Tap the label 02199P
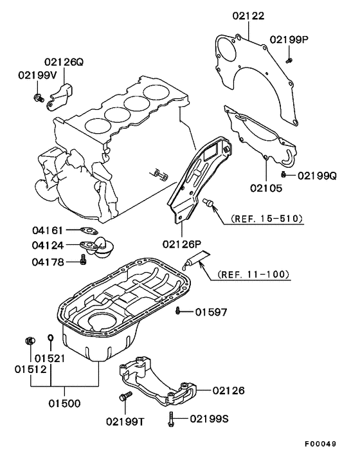pos(289,39)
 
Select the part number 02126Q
pos(64,62)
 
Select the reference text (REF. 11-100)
pos(253,275)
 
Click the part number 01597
pos(212,313)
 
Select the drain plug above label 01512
pos(28,339)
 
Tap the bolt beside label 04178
pos(82,260)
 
